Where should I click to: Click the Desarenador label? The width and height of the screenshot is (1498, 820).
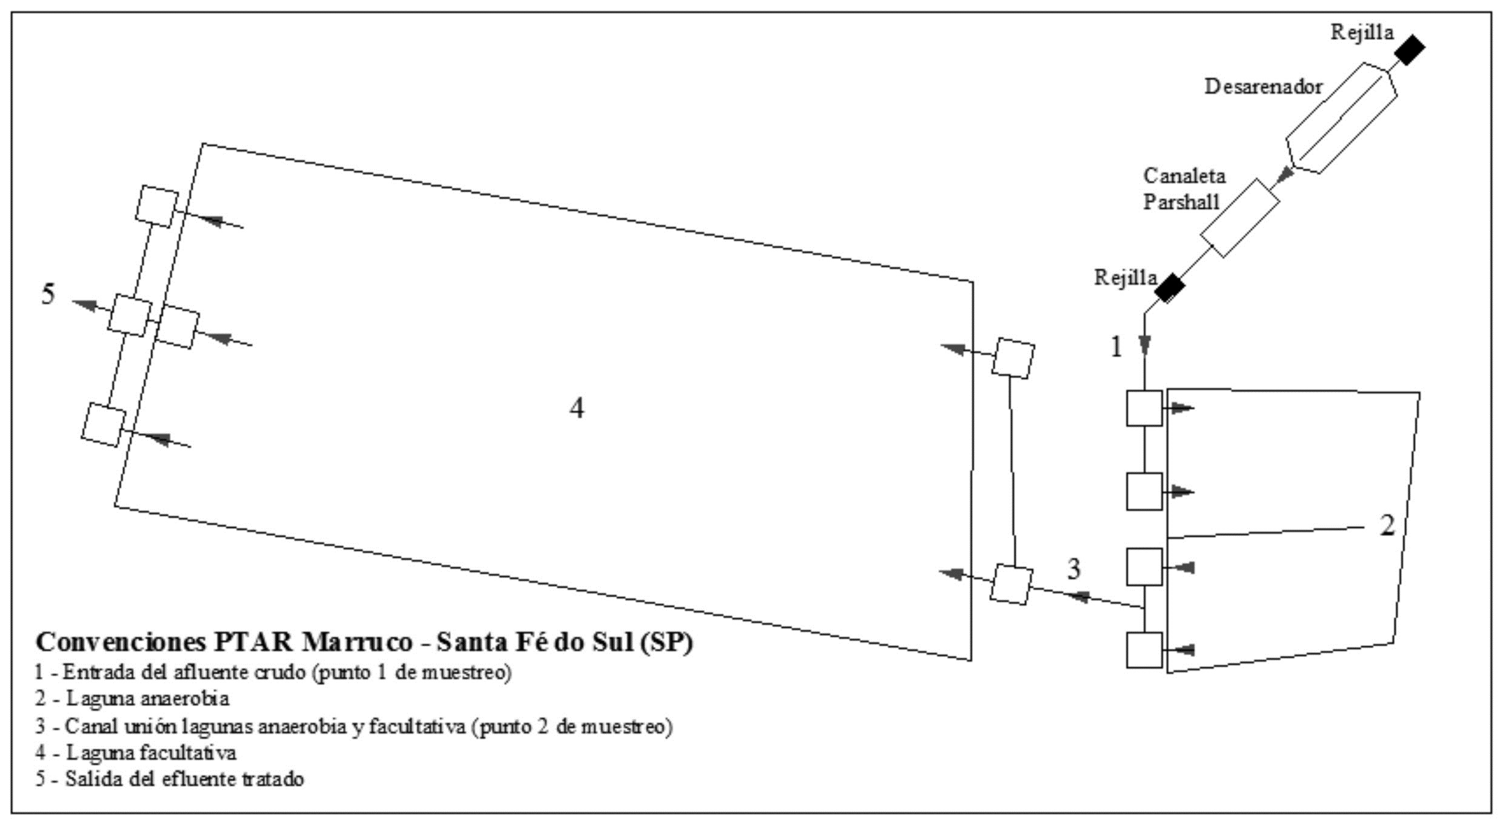point(1263,87)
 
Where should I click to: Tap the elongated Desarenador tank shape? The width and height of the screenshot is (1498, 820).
point(1341,118)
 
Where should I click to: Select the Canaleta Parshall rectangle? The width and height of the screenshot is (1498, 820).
point(1239,218)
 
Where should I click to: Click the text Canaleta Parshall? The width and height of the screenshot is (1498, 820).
point(1183,189)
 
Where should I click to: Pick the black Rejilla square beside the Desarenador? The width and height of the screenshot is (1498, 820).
point(1409,50)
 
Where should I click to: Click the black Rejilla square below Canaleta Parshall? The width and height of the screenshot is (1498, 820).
point(1169,288)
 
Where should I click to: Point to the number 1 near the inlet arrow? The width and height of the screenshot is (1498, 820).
point(1116,347)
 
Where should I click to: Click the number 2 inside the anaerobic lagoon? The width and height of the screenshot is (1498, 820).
point(1387,526)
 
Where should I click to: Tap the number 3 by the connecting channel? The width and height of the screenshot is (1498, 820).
point(1073,569)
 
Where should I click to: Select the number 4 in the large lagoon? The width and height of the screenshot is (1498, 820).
point(577,408)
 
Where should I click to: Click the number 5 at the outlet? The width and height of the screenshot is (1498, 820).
point(48,294)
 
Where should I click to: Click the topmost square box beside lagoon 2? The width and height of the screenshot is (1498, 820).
point(1144,408)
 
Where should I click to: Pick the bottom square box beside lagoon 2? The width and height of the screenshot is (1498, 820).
point(1144,650)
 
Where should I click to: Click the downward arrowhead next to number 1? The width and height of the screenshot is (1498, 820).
point(1144,345)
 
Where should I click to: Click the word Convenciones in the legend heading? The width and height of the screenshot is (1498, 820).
point(121,643)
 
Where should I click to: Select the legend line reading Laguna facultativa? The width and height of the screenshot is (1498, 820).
point(136,753)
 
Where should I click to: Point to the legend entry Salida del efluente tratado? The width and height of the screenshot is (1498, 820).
point(170,779)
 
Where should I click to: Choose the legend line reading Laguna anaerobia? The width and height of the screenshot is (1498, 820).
point(132,699)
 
